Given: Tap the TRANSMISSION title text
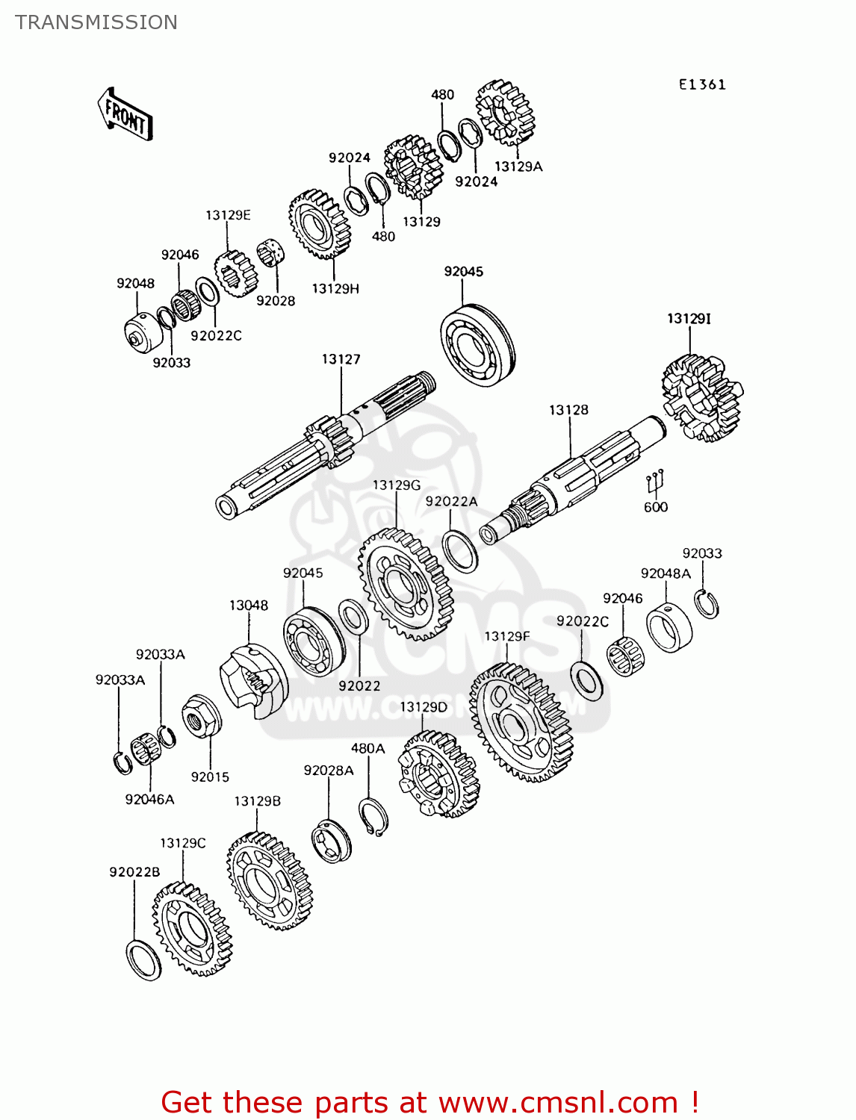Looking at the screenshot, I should click(96, 22).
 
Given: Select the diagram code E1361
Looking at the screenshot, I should click(701, 84).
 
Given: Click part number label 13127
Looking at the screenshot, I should click(341, 359).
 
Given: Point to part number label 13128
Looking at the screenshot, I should click(568, 410).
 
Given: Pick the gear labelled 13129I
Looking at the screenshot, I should click(702, 397).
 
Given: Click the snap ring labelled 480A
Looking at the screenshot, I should click(372, 817).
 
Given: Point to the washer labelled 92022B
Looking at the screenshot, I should click(143, 960).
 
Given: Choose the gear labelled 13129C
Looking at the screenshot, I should click(192, 929).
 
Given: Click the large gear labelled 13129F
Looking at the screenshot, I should click(521, 723).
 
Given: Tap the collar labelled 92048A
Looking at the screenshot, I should click(669, 628).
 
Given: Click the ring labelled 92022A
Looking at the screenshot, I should click(460, 551).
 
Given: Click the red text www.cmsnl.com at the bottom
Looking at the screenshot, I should click(557, 1102).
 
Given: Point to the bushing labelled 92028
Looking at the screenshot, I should click(272, 252).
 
